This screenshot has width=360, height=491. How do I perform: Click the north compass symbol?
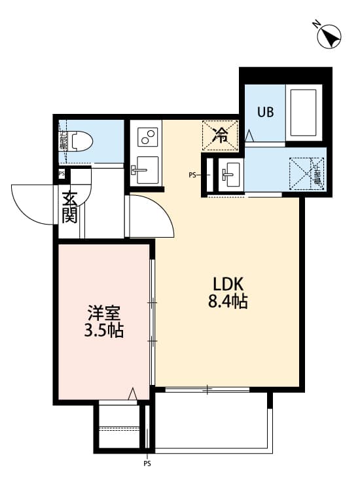[329, 35]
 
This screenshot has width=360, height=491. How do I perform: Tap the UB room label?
[264, 111]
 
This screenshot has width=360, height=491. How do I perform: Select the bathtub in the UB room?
[302, 112]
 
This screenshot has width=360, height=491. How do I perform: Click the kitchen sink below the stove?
[145, 172]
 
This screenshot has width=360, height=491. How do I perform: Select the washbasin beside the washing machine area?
[230, 174]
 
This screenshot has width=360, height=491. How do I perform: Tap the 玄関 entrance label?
[70, 206]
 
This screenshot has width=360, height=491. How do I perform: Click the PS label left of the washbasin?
[192, 175]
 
